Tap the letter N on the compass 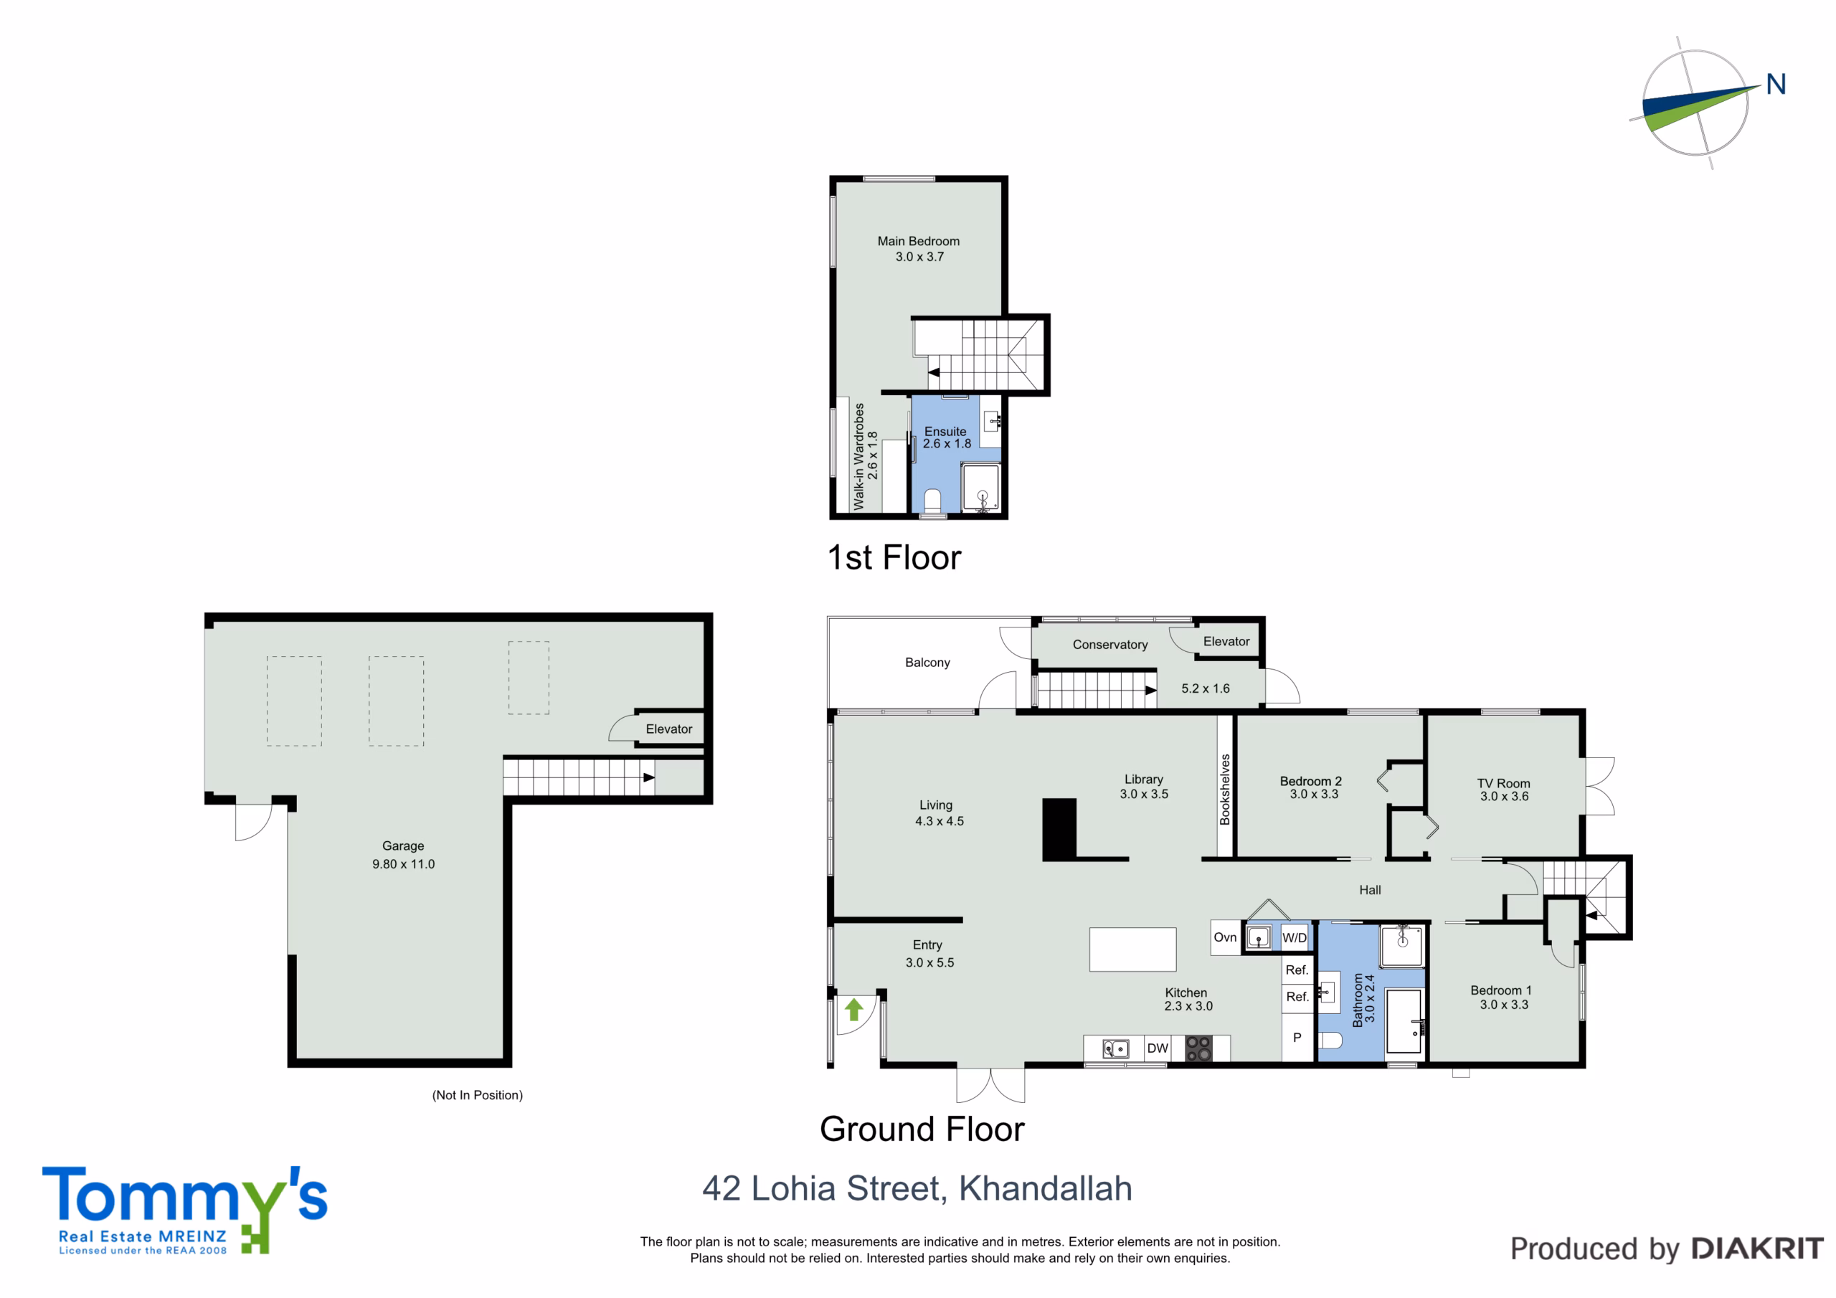click(1776, 84)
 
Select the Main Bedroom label click(918, 241)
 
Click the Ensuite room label click(945, 431)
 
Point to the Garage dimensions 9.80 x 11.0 click(403, 863)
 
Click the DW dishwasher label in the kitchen click(1157, 1048)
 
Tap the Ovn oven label click(1225, 937)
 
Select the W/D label click(1295, 937)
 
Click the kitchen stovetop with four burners click(1198, 1048)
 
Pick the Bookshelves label click(1224, 790)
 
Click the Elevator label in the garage click(668, 729)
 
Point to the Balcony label click(927, 662)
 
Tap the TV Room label click(1503, 783)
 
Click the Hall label click(1370, 889)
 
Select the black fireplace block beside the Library click(1059, 829)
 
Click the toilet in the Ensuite click(932, 500)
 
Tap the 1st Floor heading click(894, 557)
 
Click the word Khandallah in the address click(1045, 1188)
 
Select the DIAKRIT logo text click(1758, 1249)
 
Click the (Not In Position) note click(478, 1095)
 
